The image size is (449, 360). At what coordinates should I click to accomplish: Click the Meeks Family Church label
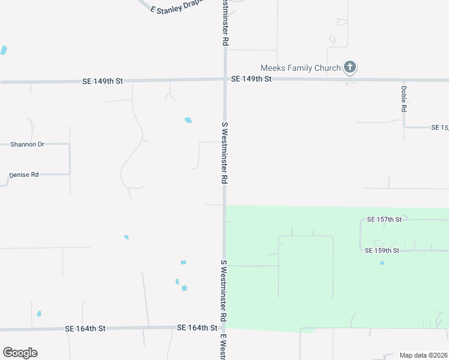point(300,68)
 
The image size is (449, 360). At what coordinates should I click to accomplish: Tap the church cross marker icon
point(350,68)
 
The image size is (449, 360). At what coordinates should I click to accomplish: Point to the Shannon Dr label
point(28,145)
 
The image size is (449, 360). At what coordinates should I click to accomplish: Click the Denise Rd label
point(24,175)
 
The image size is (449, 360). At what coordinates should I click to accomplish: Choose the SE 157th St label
point(384,220)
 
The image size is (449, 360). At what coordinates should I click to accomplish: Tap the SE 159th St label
point(382,250)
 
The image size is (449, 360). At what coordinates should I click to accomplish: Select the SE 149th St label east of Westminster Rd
point(252,79)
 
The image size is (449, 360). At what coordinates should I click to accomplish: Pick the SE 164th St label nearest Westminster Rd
point(197,328)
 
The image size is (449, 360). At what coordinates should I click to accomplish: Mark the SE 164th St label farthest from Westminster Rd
point(85,328)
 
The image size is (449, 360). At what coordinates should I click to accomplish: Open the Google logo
point(20,353)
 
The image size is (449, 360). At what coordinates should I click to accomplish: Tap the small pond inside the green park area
point(382,263)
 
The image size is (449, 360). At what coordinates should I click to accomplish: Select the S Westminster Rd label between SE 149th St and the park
point(224,153)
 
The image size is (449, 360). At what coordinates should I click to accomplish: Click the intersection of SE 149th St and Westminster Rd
point(225,79)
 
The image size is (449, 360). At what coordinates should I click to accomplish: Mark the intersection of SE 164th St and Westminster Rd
point(224,328)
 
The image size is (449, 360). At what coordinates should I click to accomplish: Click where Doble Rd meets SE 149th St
point(403,79)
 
